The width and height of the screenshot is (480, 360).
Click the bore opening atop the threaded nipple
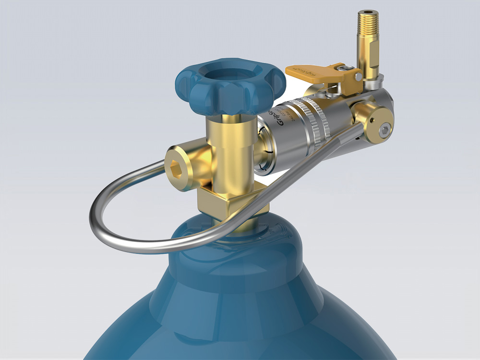368,12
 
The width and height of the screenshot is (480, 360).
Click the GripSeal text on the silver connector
280,118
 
